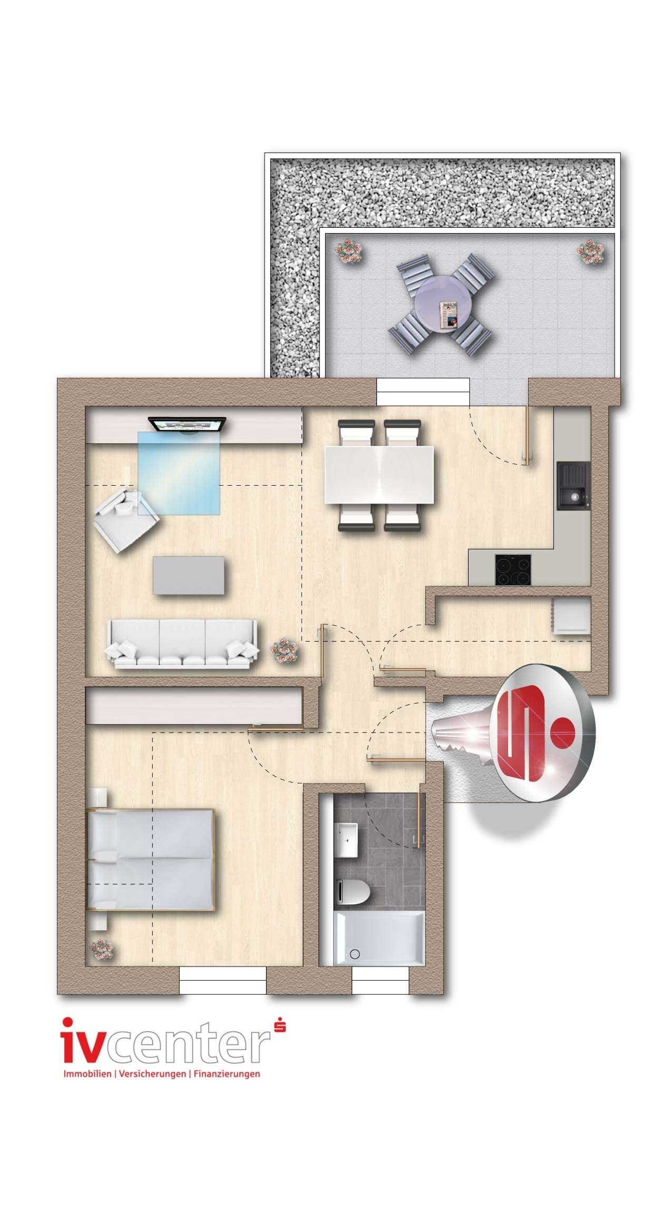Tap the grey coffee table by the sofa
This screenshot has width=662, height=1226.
(x=191, y=575)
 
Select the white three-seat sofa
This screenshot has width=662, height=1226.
(x=183, y=644)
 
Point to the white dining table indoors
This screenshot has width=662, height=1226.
(x=379, y=475)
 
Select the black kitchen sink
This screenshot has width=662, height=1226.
(x=573, y=486)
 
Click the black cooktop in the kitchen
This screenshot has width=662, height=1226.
(x=512, y=570)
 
